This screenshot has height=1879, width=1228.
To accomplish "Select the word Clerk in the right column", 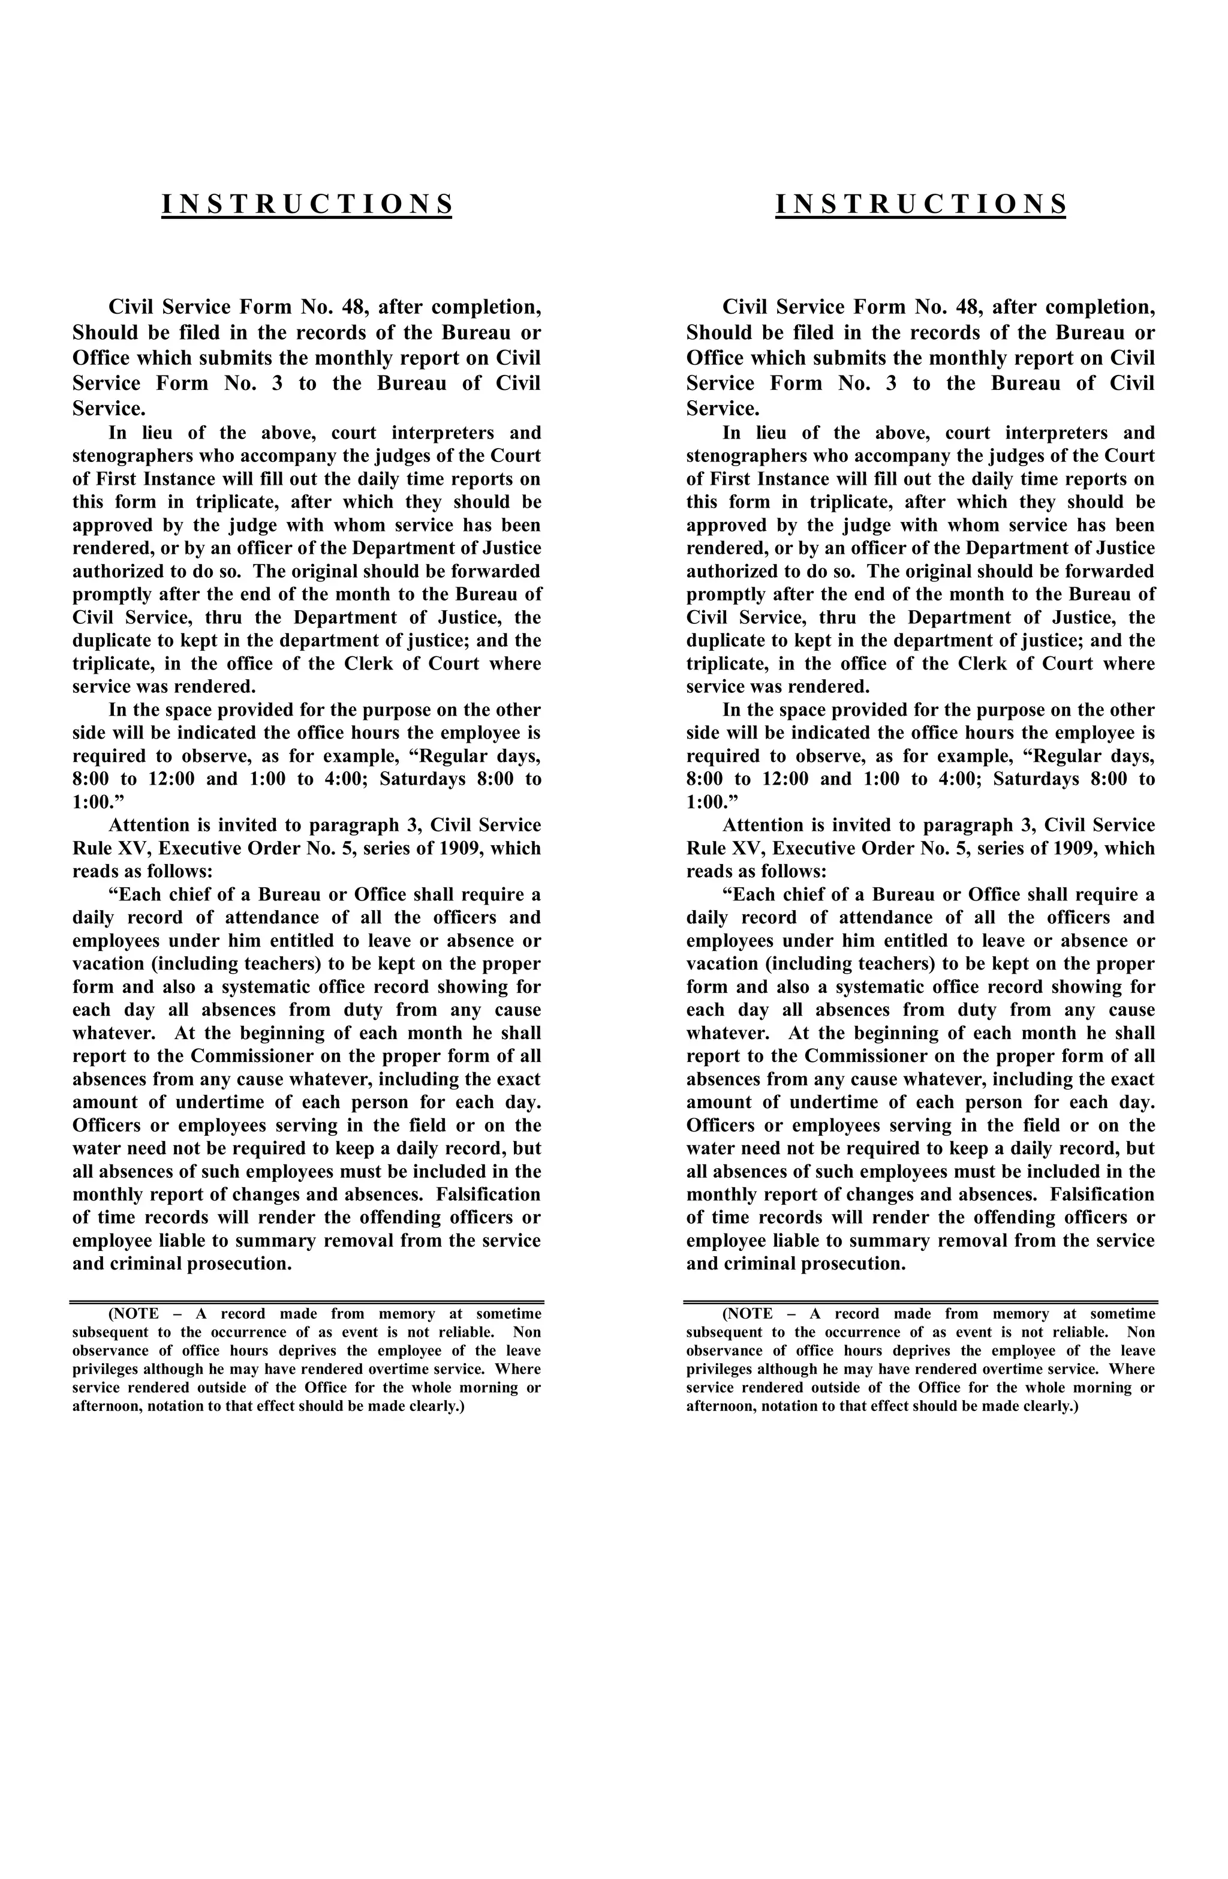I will click(x=983, y=664).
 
